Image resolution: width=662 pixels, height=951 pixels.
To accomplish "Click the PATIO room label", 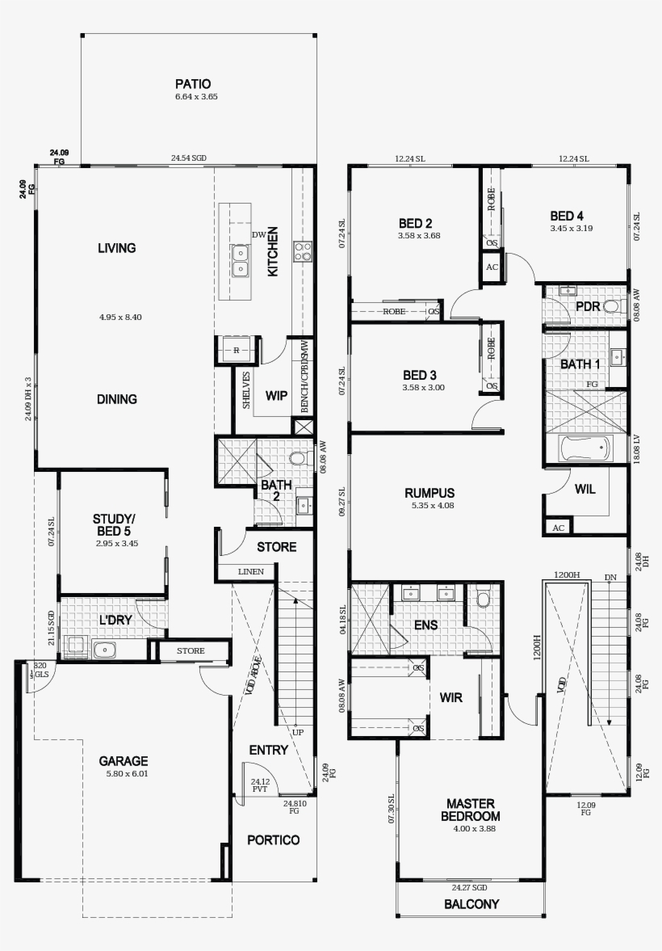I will click(193, 84).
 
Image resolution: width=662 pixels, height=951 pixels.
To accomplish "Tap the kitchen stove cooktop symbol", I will click(303, 252).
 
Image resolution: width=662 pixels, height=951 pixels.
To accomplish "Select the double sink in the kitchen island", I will click(240, 260).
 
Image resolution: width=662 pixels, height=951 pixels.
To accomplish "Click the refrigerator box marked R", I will click(236, 351).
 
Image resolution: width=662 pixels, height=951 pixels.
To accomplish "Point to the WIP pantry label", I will click(277, 396).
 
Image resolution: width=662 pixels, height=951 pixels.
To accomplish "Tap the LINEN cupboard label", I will click(250, 572).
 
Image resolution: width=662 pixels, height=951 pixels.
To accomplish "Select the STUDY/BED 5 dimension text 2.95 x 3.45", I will click(116, 544).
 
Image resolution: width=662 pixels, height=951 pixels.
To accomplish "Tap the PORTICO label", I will click(273, 840).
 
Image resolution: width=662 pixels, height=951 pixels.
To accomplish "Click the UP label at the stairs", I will click(298, 732).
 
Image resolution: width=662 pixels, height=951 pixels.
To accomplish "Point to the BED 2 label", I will click(416, 223).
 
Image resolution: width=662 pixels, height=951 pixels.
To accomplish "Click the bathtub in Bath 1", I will click(585, 448).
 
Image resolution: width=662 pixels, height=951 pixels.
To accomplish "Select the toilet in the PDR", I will click(612, 306).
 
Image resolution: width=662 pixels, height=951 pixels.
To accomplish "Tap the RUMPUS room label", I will click(429, 493).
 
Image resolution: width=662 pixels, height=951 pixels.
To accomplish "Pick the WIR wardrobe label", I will click(451, 697).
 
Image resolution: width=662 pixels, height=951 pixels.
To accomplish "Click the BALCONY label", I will click(471, 904).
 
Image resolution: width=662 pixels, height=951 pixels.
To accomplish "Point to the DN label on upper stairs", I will click(610, 577).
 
